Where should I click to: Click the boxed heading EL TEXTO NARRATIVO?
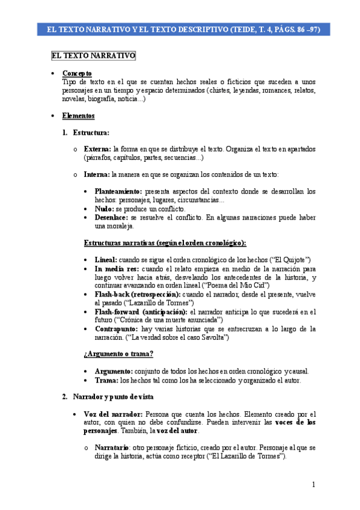coord(93,56)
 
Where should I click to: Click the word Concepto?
coord(77,73)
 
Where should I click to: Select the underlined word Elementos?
coord(78,115)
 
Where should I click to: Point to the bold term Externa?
coord(97,149)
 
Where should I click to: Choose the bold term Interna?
coord(97,174)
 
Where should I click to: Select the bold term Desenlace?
coord(111,217)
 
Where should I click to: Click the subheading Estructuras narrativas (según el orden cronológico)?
coord(164,242)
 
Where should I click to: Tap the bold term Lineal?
coord(106,259)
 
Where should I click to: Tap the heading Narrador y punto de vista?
coord(115,397)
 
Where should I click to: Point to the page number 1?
coord(313,485)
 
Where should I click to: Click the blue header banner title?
coord(180,29)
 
